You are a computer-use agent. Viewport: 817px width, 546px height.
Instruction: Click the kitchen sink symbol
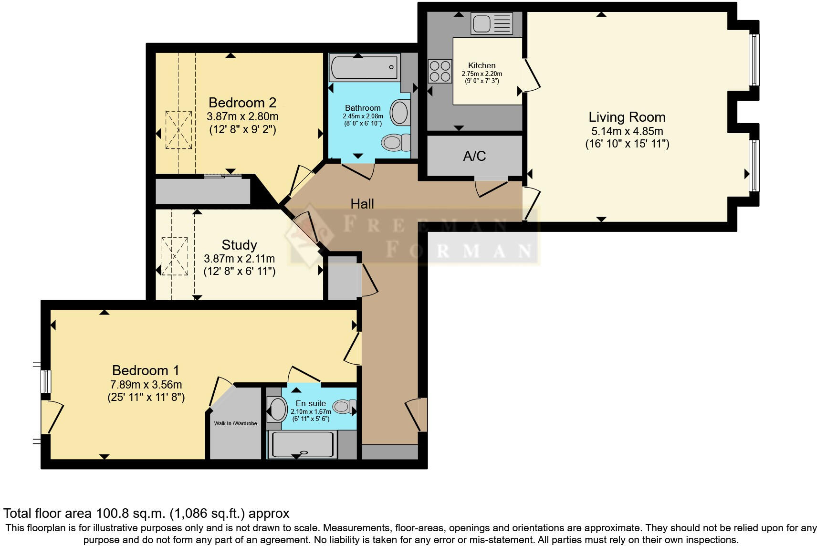click(x=492, y=23)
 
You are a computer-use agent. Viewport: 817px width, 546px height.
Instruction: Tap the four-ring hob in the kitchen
click(x=440, y=71)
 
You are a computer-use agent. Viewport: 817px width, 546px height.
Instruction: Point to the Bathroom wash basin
click(x=400, y=113)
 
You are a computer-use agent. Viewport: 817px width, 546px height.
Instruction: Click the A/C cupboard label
click(x=474, y=156)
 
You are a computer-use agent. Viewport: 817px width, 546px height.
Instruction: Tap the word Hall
click(x=362, y=204)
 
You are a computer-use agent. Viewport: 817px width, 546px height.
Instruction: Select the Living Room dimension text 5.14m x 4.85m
click(x=627, y=131)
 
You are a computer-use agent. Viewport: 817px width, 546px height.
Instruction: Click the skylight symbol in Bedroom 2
click(x=179, y=129)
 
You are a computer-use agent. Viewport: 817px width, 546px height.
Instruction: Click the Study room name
click(x=239, y=245)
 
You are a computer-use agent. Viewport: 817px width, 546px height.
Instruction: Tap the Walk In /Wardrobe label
click(x=235, y=423)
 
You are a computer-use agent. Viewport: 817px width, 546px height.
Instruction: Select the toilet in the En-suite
click(x=343, y=407)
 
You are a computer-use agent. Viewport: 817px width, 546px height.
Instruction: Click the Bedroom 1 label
click(x=146, y=370)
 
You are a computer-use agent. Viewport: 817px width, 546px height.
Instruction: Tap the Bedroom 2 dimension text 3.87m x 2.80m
click(x=242, y=116)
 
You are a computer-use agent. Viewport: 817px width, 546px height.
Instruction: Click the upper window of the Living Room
click(x=754, y=60)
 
